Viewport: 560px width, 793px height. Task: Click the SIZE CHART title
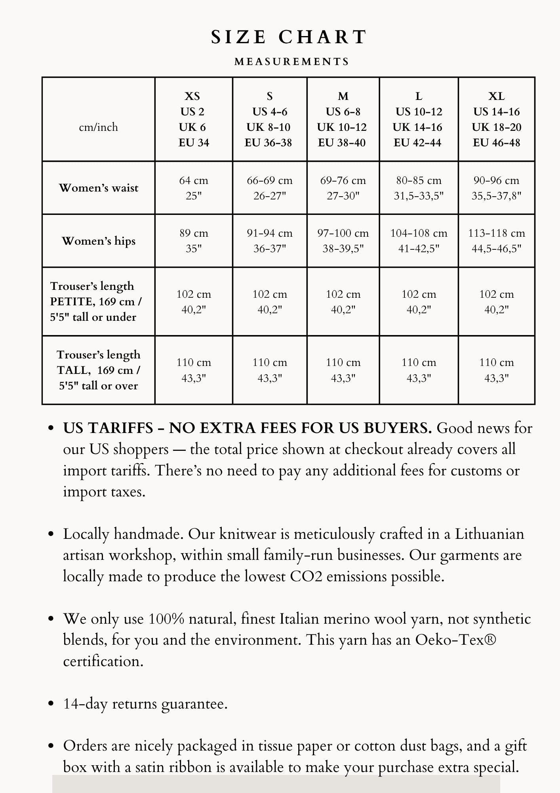click(x=289, y=37)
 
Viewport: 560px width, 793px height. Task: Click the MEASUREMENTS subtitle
click(x=292, y=62)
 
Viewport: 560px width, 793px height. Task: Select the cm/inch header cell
click(x=99, y=127)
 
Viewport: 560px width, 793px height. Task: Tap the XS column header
click(x=193, y=119)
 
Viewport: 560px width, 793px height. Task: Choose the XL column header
click(x=496, y=119)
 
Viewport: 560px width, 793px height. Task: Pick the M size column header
click(x=343, y=119)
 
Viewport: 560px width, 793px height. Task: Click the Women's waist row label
click(x=99, y=188)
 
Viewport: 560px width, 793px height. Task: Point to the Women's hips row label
click(x=99, y=241)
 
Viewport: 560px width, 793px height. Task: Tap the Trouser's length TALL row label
click(x=99, y=370)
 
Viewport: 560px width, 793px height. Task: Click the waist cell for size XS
click(x=193, y=188)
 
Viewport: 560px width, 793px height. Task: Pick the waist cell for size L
click(x=419, y=188)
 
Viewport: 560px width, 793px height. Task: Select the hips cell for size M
click(x=343, y=241)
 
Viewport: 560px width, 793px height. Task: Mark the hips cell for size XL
click(x=496, y=241)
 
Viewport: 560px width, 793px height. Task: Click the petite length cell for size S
click(x=269, y=302)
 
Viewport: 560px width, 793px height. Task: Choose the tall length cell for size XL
click(x=496, y=370)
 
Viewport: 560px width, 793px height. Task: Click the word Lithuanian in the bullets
click(x=489, y=534)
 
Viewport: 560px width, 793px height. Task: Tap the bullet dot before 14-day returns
click(x=50, y=704)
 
